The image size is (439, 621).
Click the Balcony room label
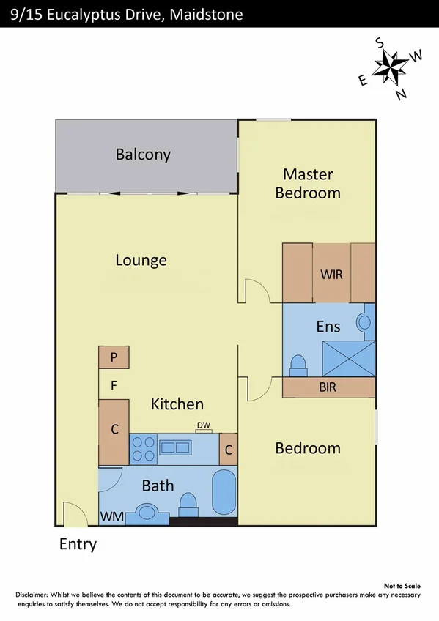pyautogui.click(x=143, y=155)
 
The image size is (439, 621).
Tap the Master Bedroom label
pyautogui.click(x=308, y=184)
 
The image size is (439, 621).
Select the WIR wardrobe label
pyautogui.click(x=332, y=274)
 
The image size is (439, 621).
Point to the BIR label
pyautogui.click(x=328, y=387)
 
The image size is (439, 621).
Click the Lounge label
pyautogui.click(x=141, y=260)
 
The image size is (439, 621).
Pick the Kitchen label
pyautogui.click(x=177, y=404)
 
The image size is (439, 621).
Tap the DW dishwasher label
pyautogui.click(x=204, y=425)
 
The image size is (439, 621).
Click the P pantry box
pyautogui.click(x=114, y=357)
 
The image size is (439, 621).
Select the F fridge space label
pyautogui.click(x=114, y=384)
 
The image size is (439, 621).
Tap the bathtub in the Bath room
pyautogui.click(x=224, y=492)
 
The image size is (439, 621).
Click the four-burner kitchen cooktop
pyautogui.click(x=143, y=448)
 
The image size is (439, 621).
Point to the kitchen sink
pyautogui.click(x=177, y=447)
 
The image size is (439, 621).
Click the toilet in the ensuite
pyautogui.click(x=298, y=364)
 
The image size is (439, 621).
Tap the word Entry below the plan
pyautogui.click(x=78, y=545)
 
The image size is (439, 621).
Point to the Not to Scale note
pyautogui.click(x=402, y=586)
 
